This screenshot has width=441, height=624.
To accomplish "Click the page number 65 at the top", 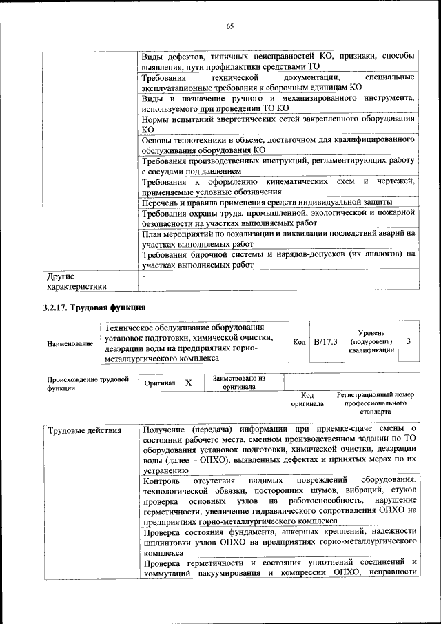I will coord(230,26).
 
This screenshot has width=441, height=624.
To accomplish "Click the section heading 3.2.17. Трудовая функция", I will coord(94,307).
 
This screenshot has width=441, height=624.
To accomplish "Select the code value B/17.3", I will coord(325,341).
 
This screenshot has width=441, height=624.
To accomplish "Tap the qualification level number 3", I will coord(409,341).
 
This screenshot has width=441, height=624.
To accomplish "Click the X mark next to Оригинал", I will coord(188,383).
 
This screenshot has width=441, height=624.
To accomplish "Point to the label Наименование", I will coord(70,343).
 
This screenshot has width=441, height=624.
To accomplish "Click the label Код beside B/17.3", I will coord(299,342).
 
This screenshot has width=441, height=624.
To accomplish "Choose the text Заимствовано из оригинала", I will coord(239,383).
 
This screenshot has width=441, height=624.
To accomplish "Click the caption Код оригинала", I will coord(307,400).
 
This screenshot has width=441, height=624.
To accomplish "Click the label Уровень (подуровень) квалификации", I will coord(371,341).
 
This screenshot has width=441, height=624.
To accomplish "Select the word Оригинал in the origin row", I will coord(160,383).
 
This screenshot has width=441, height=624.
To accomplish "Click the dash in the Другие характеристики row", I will coord(144,276).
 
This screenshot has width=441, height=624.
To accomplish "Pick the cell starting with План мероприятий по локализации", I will coord(278,239).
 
